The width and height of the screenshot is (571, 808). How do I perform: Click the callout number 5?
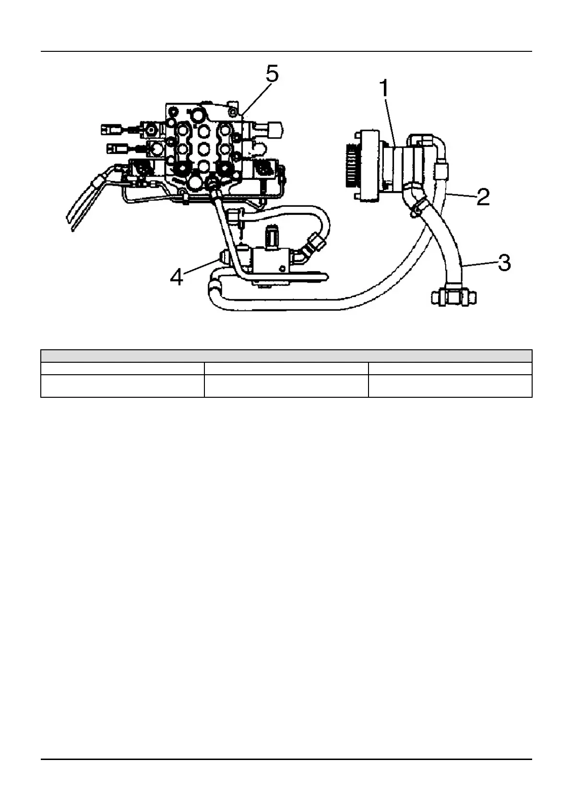272,75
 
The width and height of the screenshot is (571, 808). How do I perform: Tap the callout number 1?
385,90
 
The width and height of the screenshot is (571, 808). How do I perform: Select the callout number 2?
483,197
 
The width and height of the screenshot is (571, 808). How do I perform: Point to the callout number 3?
504,263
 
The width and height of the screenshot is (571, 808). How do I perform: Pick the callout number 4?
177,277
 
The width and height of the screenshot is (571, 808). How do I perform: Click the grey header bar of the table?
286,356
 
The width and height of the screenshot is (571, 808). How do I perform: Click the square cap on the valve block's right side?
275,129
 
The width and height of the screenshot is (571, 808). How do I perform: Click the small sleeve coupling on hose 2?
441,170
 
